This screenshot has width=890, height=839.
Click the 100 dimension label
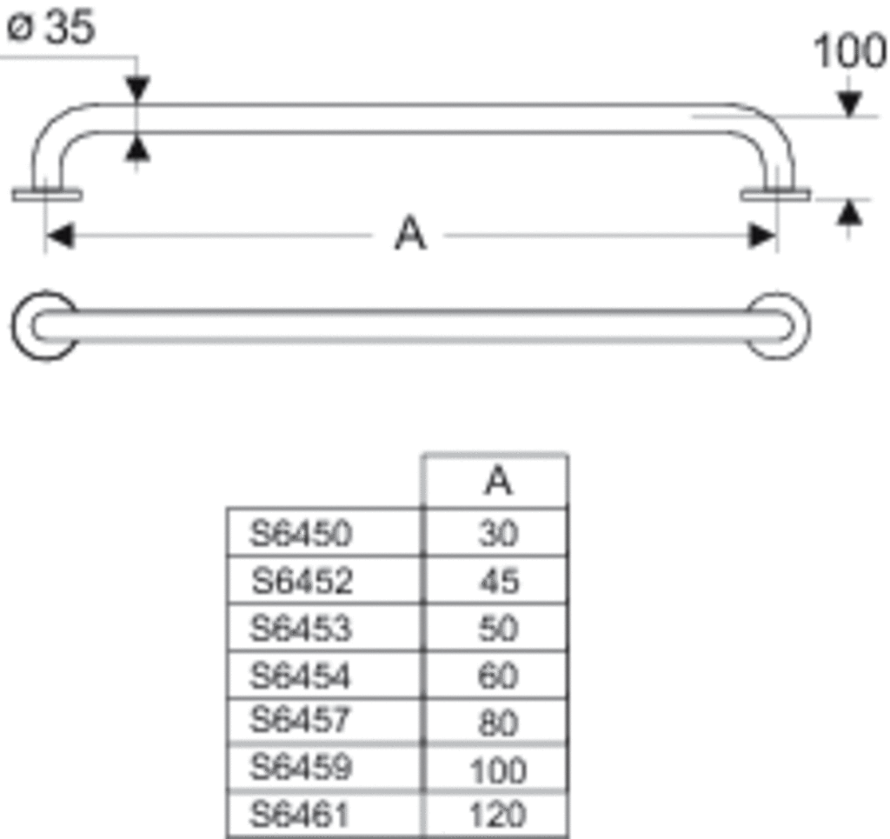coord(849,52)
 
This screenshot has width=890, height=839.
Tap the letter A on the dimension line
coord(410,234)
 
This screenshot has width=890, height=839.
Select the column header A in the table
coord(498,482)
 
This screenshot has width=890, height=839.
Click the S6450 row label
coord(302,533)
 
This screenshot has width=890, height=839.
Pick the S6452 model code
coord(302,581)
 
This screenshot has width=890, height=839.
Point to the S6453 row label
coord(302,628)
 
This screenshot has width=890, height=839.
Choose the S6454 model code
coord(302,675)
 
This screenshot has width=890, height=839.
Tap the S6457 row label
coord(302,721)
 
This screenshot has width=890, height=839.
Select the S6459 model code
coord(302,768)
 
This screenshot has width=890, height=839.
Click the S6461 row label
coord(300,815)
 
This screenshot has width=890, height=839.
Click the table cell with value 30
coord(498,533)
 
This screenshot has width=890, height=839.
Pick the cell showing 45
coord(498,581)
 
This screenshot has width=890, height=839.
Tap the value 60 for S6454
coord(498,676)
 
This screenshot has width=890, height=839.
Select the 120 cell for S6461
coord(498,815)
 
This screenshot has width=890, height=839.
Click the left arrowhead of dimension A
coord(57,235)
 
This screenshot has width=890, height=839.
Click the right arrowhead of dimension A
coord(763,235)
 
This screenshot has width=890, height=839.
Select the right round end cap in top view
coord(779,325)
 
